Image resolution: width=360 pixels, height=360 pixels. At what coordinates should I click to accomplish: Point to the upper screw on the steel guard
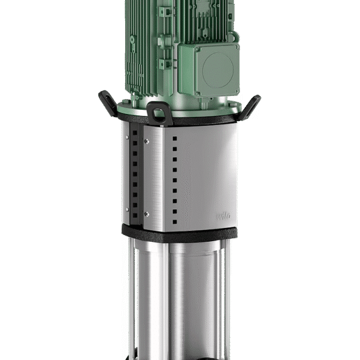(146, 142)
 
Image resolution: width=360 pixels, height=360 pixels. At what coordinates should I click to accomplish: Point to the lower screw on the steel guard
(146, 214)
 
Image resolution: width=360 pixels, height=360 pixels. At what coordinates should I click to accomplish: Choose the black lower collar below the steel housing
(180, 230)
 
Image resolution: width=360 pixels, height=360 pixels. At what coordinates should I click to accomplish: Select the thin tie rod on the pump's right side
(230, 294)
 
